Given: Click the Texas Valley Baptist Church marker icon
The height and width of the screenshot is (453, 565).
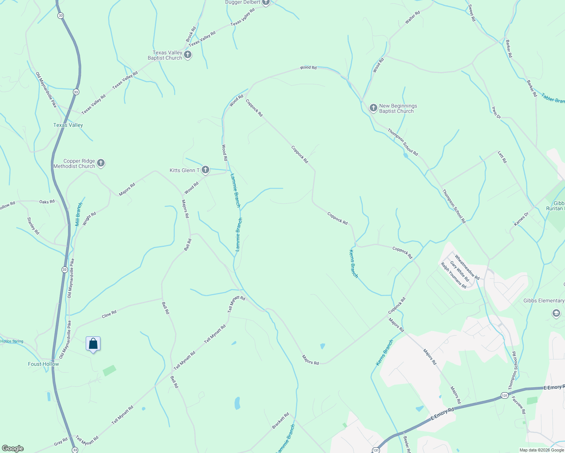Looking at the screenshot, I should click(187, 55).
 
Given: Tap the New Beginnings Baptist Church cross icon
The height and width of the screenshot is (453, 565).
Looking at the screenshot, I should click(373, 108).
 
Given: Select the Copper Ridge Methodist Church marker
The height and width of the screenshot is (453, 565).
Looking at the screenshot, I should click(100, 163).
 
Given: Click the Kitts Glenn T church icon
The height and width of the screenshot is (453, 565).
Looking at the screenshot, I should click(205, 170).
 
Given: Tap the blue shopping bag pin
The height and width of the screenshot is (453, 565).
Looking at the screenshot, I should click(93, 344).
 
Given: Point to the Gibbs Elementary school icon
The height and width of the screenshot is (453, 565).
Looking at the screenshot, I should click(556, 313).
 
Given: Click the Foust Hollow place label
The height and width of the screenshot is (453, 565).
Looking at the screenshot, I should click(43, 364).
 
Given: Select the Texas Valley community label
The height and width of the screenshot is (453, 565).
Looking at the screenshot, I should click(68, 125).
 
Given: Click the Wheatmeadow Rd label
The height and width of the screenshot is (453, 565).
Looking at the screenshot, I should click(467, 267).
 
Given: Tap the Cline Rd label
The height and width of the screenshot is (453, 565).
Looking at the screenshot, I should click(109, 314).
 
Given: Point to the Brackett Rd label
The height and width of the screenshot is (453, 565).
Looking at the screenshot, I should click(281, 421).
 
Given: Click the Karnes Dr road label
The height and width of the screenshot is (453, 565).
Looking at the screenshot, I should click(521, 219).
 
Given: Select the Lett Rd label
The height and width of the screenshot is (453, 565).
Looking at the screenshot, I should click(502, 157).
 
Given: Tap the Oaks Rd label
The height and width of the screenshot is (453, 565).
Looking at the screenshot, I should click(47, 202).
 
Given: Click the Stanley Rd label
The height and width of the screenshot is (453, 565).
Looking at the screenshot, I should click(33, 226).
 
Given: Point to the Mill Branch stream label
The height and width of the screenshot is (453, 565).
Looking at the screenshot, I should click(79, 214).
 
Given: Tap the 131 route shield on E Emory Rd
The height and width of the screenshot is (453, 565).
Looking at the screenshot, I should click(505, 395).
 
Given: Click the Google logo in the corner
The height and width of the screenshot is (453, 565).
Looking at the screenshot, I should click(12, 448).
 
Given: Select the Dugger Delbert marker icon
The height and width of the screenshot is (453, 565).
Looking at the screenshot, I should click(266, 3).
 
